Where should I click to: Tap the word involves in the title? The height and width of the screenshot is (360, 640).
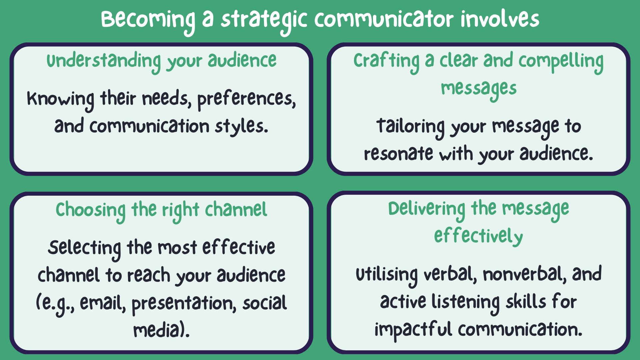(x=500, y=18)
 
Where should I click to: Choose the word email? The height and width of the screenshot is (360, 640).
(x=103, y=303)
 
